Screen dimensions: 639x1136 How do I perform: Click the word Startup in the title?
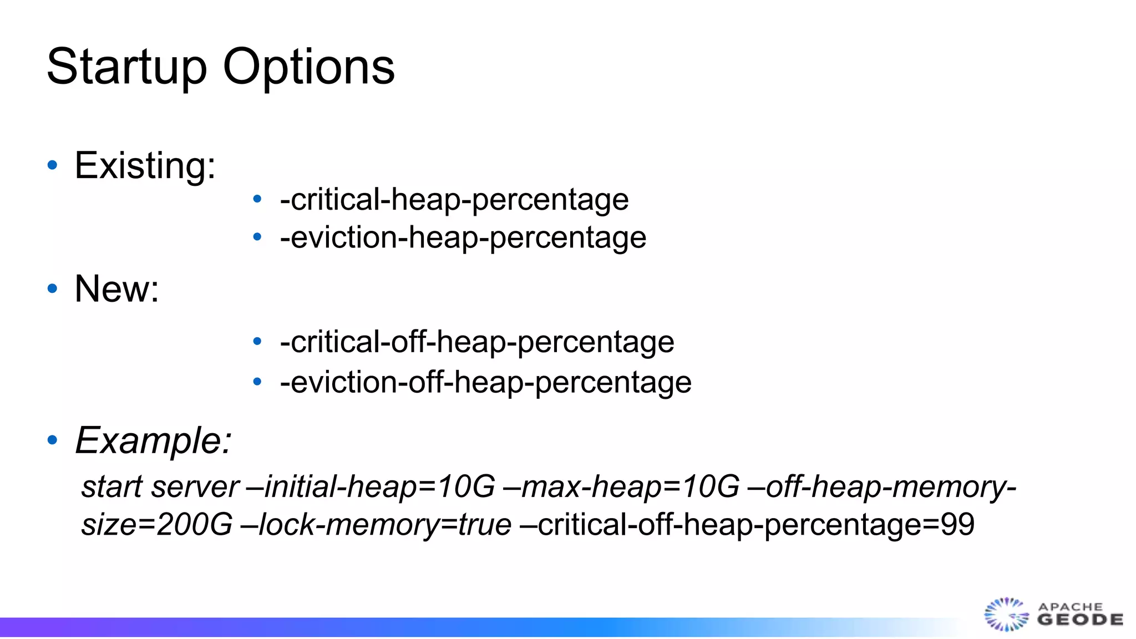[127, 67]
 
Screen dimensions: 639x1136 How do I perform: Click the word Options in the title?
[308, 67]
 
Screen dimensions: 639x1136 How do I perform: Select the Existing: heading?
[145, 165]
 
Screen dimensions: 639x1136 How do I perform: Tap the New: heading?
[116, 289]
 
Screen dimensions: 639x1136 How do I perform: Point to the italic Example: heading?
[153, 441]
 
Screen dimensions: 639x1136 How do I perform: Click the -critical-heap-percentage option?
[454, 200]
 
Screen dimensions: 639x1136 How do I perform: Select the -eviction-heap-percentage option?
[463, 238]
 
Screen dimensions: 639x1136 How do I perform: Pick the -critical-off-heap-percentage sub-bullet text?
[476, 342]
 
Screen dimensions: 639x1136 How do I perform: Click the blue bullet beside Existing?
[53, 165]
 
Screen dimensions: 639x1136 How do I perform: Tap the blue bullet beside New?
[53, 288]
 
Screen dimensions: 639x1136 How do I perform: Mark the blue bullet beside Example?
[53, 440]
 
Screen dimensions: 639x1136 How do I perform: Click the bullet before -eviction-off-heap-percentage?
[257, 382]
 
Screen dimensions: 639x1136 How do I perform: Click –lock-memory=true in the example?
[376, 525]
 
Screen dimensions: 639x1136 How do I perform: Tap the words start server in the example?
[160, 487]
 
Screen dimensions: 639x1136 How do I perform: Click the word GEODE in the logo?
[1080, 620]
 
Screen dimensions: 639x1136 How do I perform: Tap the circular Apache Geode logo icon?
[1006, 615]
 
